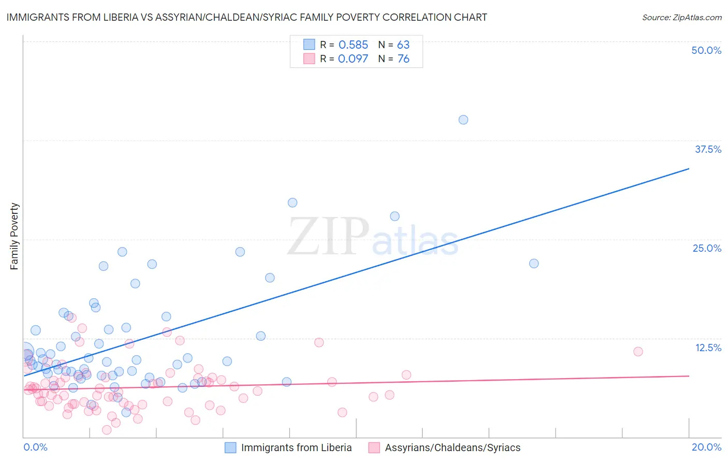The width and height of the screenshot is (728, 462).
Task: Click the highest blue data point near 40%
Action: (x=463, y=120)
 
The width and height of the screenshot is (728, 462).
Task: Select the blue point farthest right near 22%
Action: (x=534, y=263)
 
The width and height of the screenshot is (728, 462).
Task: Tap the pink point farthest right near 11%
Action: (x=638, y=351)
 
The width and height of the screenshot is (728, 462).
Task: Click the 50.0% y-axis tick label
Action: (x=706, y=50)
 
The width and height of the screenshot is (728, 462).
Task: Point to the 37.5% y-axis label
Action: (x=708, y=149)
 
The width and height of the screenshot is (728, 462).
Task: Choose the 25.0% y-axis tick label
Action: (x=707, y=248)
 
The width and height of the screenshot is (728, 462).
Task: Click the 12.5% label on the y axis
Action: (x=708, y=348)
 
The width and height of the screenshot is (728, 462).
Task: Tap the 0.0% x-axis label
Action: (x=35, y=447)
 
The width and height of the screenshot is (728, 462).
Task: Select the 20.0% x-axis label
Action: (x=706, y=447)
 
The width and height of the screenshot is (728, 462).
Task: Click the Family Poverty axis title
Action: (x=14, y=236)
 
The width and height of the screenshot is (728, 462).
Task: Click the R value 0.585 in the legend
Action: (x=353, y=45)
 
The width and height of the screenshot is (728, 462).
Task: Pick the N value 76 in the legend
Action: (x=403, y=59)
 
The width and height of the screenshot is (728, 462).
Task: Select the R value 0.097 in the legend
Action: (x=353, y=59)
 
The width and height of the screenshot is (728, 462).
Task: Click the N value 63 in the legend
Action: (x=403, y=45)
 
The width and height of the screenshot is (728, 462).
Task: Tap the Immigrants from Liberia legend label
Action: (x=296, y=447)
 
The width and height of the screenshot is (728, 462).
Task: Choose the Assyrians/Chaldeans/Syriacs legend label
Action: (x=453, y=447)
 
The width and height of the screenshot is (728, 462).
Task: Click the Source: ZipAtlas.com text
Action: (x=681, y=18)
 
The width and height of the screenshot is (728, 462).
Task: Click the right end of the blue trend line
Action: (x=689, y=168)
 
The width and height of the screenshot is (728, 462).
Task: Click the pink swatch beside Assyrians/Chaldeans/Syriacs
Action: (x=374, y=447)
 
